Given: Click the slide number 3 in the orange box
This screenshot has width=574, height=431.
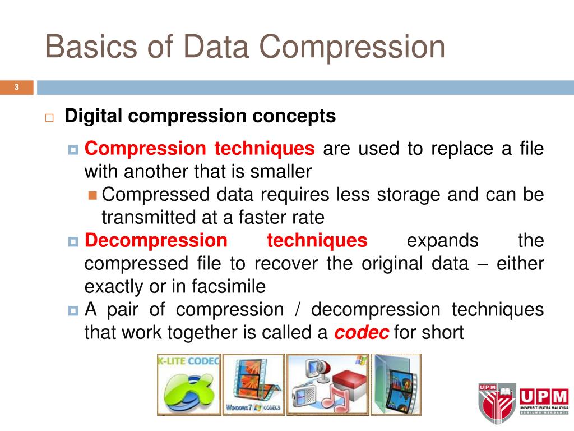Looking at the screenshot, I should click(17, 87).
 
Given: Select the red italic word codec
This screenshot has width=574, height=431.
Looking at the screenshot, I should click(362, 333).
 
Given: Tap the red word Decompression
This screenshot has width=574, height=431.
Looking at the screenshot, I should click(156, 241).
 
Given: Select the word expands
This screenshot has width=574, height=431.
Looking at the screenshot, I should click(443, 241).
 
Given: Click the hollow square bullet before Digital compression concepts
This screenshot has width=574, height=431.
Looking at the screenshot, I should click(49, 118).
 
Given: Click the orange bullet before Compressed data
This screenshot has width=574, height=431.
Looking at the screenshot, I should click(93, 195).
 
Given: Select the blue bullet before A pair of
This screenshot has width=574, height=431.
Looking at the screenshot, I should click(73, 310).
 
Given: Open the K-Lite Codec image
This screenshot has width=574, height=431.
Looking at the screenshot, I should click(188, 384).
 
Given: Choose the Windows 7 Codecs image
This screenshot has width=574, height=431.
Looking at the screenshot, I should click(253, 384).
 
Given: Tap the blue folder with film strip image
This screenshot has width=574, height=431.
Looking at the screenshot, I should click(396, 384).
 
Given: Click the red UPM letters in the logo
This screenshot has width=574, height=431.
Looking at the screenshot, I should click(543, 396).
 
